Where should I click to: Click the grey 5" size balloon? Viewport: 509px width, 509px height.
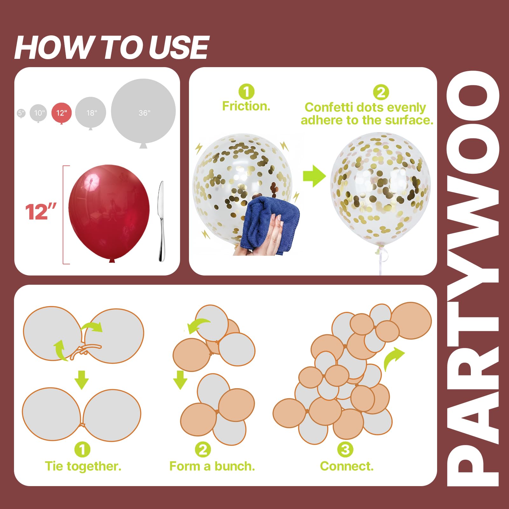[21, 113]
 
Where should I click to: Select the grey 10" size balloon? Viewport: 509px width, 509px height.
[38, 113]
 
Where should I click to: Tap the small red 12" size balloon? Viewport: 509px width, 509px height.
[61, 113]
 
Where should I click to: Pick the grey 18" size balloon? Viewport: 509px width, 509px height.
[91, 113]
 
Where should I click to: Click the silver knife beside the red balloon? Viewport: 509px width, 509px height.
[161, 221]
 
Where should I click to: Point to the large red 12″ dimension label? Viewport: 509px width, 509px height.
[41, 212]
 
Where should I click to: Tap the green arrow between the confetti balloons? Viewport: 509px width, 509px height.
[314, 176]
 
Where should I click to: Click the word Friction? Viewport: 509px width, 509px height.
[246, 106]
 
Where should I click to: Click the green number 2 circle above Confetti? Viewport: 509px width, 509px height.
[381, 93]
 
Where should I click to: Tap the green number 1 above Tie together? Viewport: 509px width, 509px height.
[82, 450]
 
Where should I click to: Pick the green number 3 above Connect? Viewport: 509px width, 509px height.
[345, 450]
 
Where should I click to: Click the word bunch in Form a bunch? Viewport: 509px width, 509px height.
[235, 466]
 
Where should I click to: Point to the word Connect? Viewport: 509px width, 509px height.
[347, 466]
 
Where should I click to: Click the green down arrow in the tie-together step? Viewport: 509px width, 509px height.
[82, 380]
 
